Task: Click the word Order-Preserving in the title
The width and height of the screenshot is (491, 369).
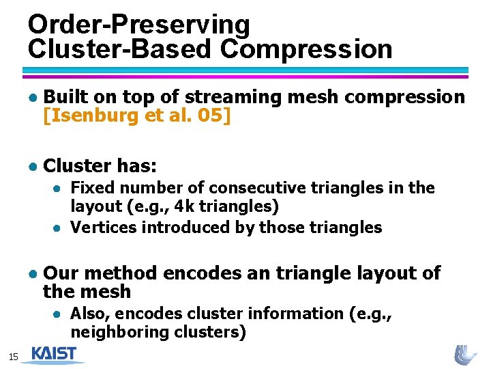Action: point(139,25)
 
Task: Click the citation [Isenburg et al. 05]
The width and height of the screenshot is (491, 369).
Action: point(137,116)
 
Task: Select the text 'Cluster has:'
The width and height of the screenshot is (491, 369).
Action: point(100,165)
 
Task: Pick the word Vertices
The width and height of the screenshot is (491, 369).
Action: point(102,227)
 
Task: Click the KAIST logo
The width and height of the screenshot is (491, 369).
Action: point(54,354)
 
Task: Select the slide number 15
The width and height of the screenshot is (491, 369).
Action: point(12,357)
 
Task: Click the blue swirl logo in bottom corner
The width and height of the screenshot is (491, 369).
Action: point(466,355)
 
